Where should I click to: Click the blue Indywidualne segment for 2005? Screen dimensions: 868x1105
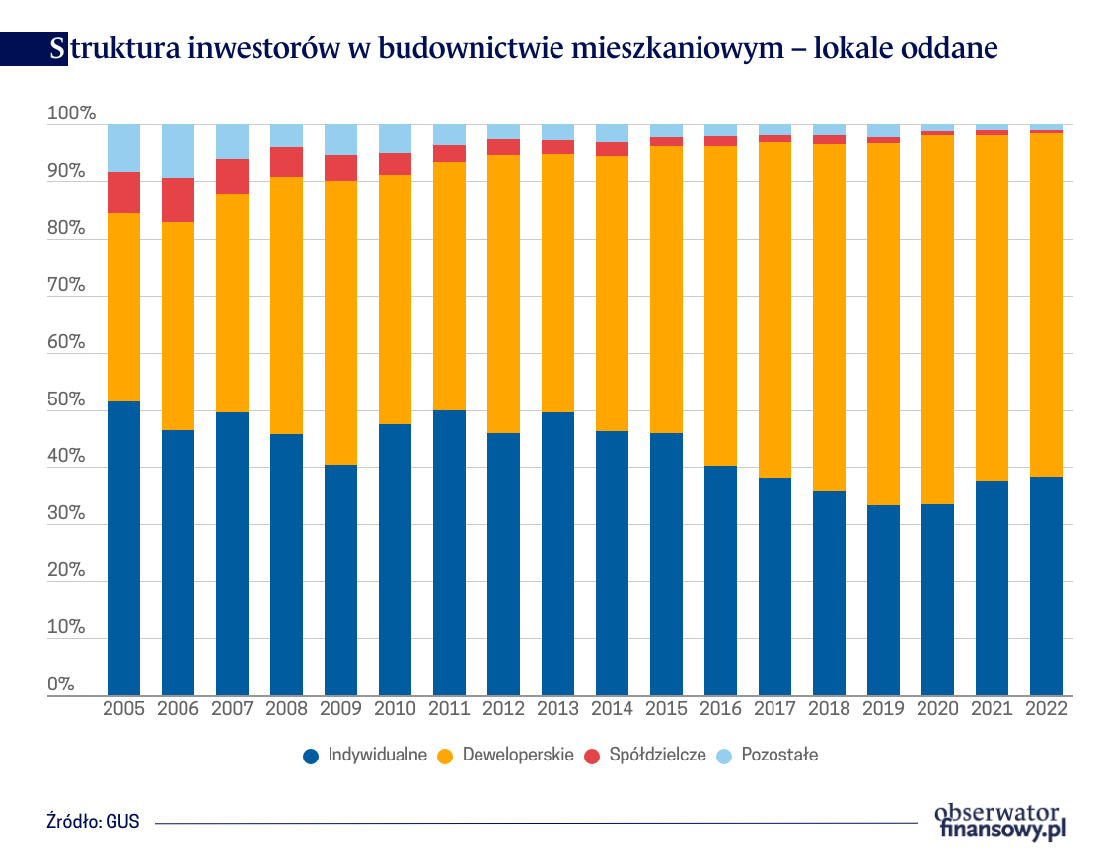click(123, 547)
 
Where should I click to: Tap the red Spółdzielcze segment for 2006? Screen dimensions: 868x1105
click(178, 199)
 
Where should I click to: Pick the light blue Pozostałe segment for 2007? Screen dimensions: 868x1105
click(232, 141)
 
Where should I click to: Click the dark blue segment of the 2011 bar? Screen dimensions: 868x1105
click(449, 552)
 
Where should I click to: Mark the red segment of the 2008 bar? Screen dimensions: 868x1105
click(286, 162)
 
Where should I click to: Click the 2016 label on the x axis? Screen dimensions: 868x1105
click(720, 709)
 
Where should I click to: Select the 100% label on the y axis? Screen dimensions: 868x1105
click(71, 114)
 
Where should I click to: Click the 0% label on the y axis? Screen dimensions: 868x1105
click(61, 685)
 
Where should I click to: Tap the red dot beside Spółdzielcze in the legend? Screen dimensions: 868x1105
click(593, 756)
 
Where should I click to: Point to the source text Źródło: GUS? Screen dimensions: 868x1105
click(93, 821)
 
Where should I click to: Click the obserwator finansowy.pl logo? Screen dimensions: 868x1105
click(1000, 822)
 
